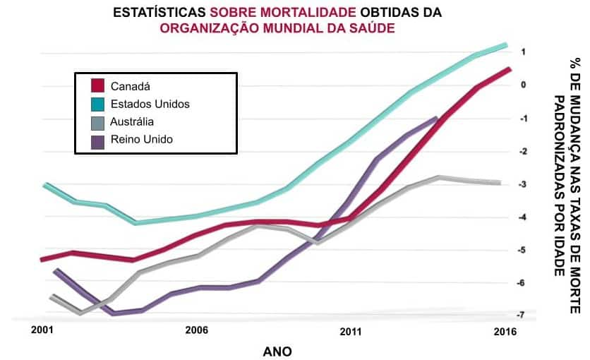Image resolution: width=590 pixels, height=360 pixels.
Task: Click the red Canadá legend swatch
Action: (x=98, y=86)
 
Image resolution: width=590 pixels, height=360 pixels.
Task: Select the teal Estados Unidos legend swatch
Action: (x=98, y=104)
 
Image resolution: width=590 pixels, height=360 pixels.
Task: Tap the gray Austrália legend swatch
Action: (x=98, y=121)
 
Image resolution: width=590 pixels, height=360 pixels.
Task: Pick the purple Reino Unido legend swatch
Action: (x=98, y=140)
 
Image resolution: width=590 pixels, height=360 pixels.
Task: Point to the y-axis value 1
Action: (x=524, y=52)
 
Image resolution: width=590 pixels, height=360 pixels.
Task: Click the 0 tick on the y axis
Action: (x=524, y=85)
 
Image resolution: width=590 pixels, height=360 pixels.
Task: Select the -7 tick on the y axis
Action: (x=522, y=315)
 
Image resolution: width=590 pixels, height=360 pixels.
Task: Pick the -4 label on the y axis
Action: (x=522, y=217)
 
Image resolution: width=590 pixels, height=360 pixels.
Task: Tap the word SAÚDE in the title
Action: (x=373, y=28)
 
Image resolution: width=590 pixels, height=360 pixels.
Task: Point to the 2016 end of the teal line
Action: (x=505, y=46)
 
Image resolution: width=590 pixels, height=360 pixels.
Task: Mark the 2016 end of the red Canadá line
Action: (x=509, y=69)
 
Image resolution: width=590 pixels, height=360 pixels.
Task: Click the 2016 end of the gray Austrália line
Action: (x=500, y=183)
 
